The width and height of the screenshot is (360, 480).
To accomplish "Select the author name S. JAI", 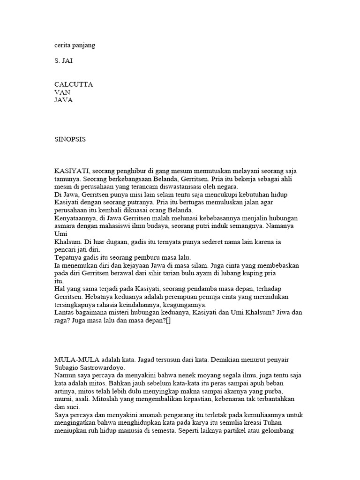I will tap(63, 61).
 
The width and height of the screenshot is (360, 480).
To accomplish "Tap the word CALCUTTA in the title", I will tap(74, 84).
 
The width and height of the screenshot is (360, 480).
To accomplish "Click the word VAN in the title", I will tap(62, 92).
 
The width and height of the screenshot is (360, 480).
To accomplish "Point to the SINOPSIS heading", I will tap(70, 139).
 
